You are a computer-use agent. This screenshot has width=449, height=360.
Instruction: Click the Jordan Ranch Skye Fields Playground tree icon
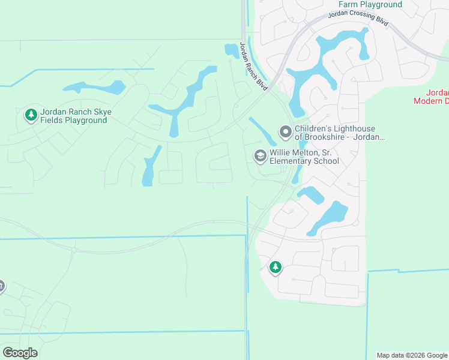31,114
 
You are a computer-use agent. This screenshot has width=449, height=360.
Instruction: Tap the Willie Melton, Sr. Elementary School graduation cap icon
260,156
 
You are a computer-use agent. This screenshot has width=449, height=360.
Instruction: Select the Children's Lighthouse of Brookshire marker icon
285,131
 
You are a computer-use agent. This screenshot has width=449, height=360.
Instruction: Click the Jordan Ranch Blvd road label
253,67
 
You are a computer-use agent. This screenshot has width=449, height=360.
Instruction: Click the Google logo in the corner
20,353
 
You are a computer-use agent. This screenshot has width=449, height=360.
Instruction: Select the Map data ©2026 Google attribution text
412,355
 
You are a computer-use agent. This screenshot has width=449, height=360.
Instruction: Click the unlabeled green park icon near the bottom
275,267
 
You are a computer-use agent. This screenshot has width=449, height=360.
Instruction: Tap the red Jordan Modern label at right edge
432,97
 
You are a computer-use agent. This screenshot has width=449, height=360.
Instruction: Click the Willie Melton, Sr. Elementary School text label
304,157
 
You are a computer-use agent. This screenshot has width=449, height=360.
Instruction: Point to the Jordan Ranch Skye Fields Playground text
76,116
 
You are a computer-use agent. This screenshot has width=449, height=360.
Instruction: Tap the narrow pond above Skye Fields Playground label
93,88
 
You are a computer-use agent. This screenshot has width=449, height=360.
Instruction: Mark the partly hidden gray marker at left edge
1,286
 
